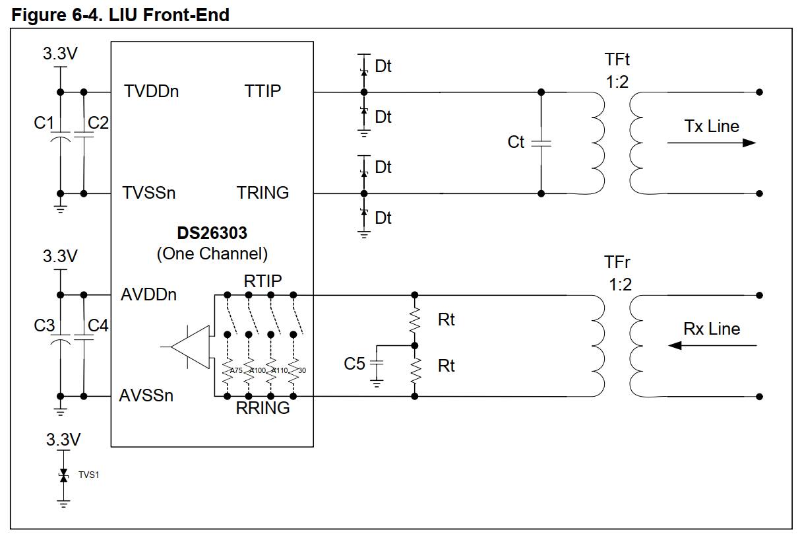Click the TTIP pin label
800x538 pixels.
(x=262, y=91)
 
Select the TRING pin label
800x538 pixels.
(x=262, y=193)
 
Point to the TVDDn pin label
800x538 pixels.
(x=151, y=91)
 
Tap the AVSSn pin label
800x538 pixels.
(x=146, y=395)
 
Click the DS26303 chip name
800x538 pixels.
(x=212, y=234)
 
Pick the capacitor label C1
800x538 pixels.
(x=44, y=123)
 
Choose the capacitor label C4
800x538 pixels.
(x=98, y=325)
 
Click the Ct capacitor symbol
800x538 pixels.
(x=541, y=143)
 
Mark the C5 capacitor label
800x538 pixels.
(x=354, y=363)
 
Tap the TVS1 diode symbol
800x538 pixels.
(x=63, y=475)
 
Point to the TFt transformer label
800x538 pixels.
(x=617, y=59)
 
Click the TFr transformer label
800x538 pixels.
(x=617, y=263)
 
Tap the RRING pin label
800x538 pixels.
(x=262, y=408)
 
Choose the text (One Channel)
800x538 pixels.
(x=212, y=253)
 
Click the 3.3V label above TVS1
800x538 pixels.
(x=63, y=439)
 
